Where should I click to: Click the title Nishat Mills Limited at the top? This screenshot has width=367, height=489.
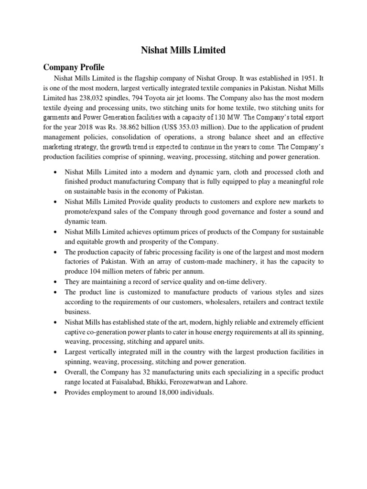coord(183,50)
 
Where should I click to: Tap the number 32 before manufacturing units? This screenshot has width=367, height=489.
coord(154,371)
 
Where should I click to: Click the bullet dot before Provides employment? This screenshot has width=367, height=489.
coord(56,392)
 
